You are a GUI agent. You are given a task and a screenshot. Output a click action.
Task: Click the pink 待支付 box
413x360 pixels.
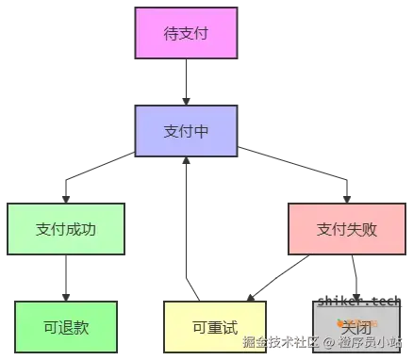(x=185, y=34)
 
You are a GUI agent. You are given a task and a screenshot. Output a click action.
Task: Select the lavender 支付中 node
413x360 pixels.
(x=185, y=130)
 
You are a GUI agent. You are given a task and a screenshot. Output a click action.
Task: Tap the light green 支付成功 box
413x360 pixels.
(x=66, y=228)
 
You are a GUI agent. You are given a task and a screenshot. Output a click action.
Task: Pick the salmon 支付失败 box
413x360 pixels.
(x=334, y=228)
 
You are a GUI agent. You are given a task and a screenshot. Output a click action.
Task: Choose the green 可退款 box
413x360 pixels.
(x=65, y=326)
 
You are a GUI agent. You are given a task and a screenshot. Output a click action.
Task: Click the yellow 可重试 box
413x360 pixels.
(x=213, y=326)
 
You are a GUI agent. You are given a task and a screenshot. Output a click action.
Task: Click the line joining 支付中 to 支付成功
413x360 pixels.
(x=94, y=174)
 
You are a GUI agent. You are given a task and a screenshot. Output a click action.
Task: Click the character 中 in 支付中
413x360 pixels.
(x=200, y=131)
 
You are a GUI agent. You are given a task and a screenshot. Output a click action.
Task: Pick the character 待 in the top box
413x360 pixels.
(x=171, y=34)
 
